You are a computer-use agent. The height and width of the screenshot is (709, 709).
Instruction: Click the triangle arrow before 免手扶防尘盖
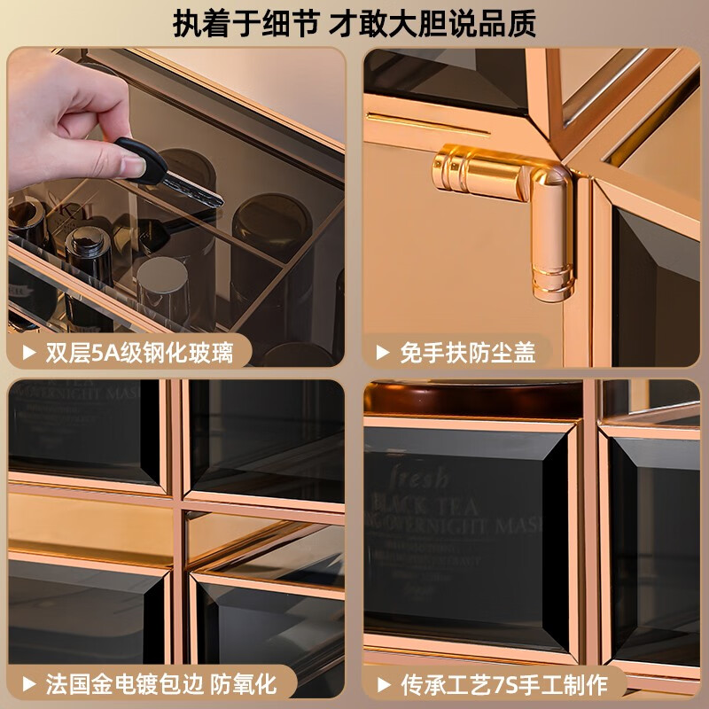click(382, 353)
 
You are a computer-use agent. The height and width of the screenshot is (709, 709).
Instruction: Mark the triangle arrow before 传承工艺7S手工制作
click(382, 683)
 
